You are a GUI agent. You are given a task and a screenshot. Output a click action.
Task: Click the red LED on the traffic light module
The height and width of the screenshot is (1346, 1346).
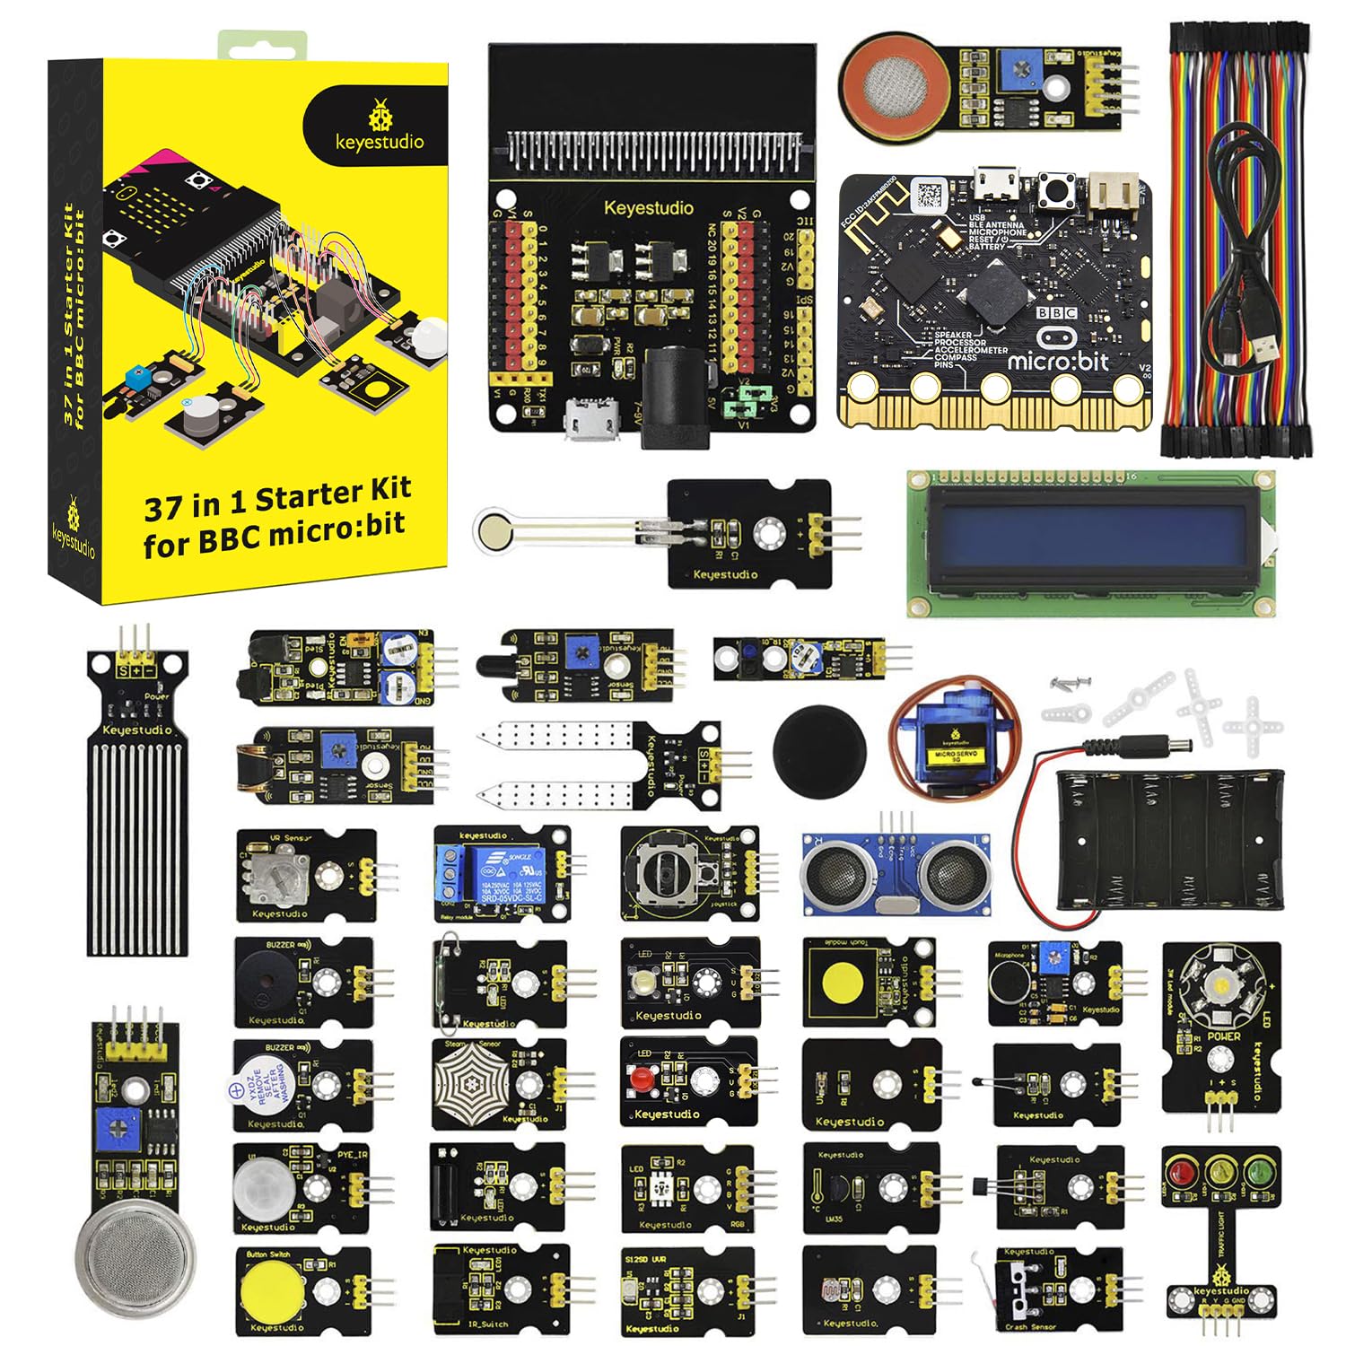coord(1184,1172)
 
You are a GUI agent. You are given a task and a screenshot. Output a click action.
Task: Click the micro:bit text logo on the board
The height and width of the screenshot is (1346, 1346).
coord(1058,361)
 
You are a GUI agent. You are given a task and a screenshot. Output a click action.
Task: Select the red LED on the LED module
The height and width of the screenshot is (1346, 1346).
coord(639,1077)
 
